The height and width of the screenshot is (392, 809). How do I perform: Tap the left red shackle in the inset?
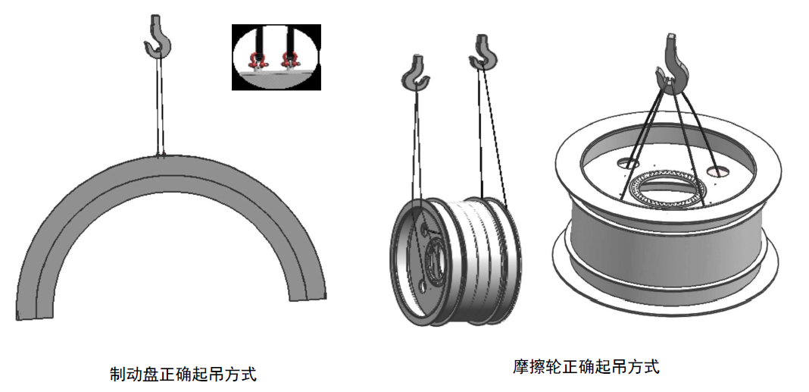[257, 58]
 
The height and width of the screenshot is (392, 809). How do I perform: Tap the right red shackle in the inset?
[288, 58]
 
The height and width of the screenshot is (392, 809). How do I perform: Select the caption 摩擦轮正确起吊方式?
[586, 367]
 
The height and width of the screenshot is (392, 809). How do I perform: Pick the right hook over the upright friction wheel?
[483, 52]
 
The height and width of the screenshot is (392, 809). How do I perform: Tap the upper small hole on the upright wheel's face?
[423, 226]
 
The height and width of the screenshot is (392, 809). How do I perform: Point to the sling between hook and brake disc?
[160, 106]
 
